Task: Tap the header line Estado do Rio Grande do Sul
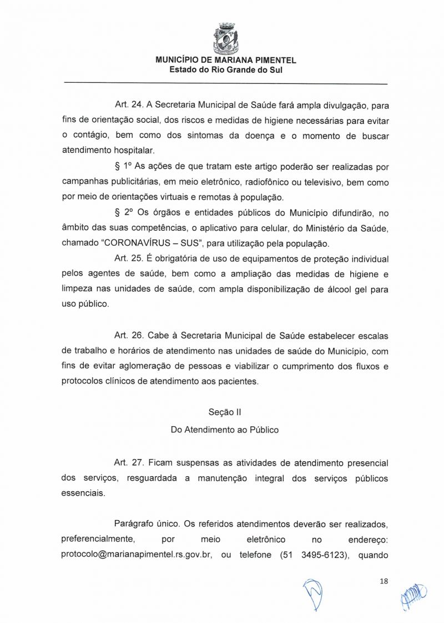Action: pos(226,70)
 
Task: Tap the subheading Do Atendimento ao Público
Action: pos(225,430)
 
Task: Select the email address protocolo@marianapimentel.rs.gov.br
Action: pos(137,555)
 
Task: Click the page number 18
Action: pos(384,581)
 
